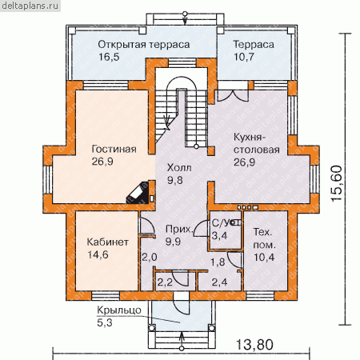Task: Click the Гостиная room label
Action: click(x=114, y=149)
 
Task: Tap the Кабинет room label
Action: click(x=108, y=242)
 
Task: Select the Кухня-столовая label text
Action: click(x=257, y=143)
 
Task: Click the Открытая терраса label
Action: click(x=144, y=45)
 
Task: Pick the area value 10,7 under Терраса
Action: click(x=244, y=57)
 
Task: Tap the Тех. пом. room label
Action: click(x=263, y=238)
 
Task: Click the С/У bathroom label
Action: click(x=221, y=222)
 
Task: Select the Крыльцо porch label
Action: click(x=119, y=310)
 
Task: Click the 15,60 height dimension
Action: click(x=336, y=183)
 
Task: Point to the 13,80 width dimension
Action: click(x=254, y=345)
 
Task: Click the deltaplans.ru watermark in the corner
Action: click(x=30, y=6)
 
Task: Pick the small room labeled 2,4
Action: click(x=220, y=282)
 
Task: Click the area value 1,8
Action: click(x=218, y=262)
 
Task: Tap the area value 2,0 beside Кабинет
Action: click(x=150, y=258)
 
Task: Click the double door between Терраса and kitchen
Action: click(x=233, y=96)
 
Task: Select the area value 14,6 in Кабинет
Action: click(x=98, y=254)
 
